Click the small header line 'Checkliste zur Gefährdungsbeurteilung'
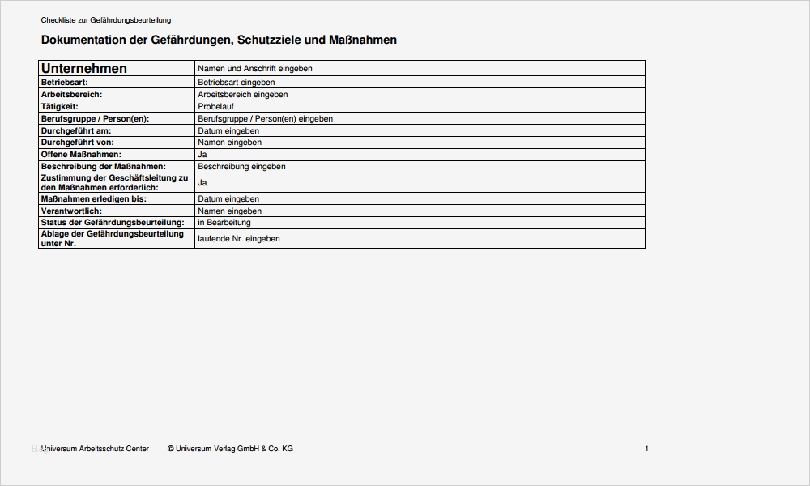106,20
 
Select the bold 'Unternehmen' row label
84,69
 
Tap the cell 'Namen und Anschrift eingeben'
255,69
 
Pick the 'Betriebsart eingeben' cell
237,83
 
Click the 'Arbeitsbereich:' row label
71,94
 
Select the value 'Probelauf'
215,106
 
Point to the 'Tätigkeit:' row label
59,106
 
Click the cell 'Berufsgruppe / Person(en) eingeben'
266,118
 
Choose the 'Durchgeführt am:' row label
75,130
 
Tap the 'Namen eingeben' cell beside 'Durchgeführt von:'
229,143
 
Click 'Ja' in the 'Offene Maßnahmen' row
202,154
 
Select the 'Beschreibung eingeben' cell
241,167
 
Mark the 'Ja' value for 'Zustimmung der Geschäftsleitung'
202,183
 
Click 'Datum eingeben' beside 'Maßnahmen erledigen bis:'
228,198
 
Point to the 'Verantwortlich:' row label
71,211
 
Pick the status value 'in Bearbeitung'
224,222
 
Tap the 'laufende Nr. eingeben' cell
239,239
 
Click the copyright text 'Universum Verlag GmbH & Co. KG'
235,449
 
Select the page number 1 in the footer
646,449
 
